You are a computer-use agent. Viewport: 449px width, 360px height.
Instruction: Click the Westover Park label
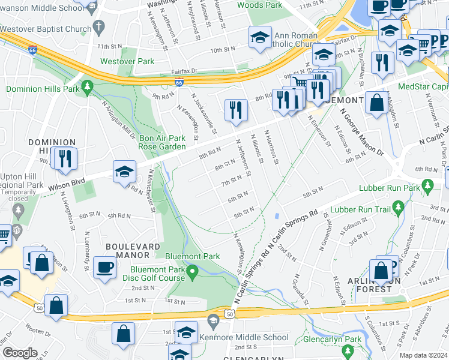pos(127,61)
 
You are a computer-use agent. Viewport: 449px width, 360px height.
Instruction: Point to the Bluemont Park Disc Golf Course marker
pos(192,274)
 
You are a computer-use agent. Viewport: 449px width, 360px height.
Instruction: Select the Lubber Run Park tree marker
pos(427,184)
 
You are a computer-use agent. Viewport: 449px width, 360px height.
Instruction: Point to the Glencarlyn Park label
pos(333,339)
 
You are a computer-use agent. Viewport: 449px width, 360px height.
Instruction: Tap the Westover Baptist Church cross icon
pos(98,28)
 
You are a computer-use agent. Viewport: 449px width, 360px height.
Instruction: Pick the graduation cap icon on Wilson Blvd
pos(124,172)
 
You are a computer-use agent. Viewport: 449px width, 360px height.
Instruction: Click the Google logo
pos(20,353)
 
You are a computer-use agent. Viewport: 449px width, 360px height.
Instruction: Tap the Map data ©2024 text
pos(423,355)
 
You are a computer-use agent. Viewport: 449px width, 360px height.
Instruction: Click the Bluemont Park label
pos(202,256)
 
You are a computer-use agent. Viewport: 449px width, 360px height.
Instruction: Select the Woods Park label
pos(259,5)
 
